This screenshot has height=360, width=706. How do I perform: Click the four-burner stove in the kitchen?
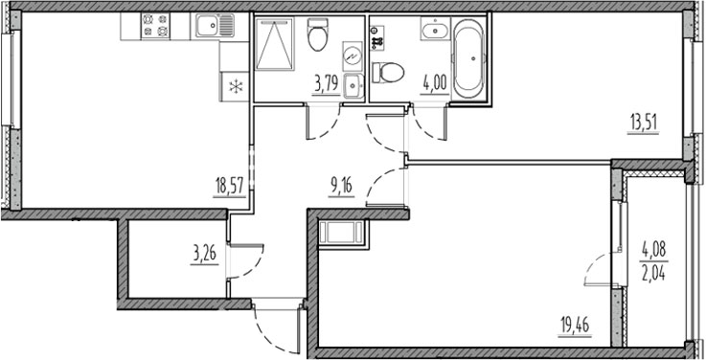click(x=154, y=26)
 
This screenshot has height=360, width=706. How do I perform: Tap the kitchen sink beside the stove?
click(x=213, y=26)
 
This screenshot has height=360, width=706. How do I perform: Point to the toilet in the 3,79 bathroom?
click(x=318, y=36)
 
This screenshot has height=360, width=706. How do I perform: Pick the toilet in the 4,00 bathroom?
click(x=389, y=72)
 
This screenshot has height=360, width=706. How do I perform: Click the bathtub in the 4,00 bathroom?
click(x=469, y=60)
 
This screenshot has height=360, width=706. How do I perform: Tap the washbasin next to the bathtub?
click(x=433, y=32)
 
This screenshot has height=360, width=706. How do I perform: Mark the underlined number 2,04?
click(x=654, y=269)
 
